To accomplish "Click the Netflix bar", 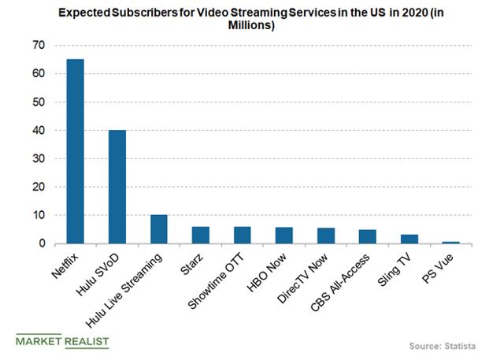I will (x=75, y=151).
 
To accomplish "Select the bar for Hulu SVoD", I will (x=117, y=187).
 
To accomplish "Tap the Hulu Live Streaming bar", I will (x=159, y=229).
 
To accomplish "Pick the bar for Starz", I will (x=201, y=235).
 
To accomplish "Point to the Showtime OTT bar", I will (x=243, y=235).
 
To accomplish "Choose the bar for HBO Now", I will (x=284, y=236).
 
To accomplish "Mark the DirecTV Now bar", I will (x=326, y=236).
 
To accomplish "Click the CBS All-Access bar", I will (x=368, y=236).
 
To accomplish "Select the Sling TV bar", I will (x=409, y=239).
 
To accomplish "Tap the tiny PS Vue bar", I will (x=451, y=243).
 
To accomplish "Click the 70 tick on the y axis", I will (x=38, y=46).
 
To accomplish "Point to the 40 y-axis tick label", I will (x=38, y=131).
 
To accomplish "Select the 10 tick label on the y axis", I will (x=38, y=215).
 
